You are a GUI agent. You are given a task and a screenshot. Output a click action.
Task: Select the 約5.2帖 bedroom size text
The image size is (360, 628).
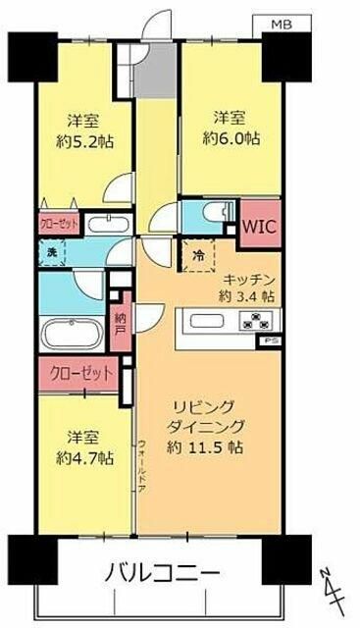click(88, 141)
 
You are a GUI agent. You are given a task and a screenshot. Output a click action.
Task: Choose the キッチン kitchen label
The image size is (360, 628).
click(248, 278)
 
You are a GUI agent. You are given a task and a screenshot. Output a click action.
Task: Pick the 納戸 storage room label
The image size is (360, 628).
click(120, 324)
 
